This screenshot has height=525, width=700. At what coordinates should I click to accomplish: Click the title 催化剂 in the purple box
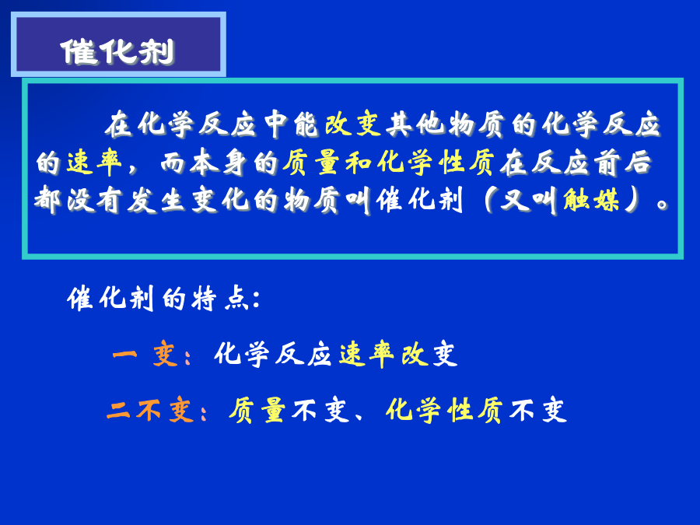(117, 52)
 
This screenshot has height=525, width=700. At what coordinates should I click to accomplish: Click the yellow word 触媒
(591, 200)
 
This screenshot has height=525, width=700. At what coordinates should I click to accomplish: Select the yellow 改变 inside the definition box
(352, 124)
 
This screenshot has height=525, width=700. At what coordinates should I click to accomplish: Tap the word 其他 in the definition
(415, 124)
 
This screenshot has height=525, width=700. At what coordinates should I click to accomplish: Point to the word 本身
(219, 162)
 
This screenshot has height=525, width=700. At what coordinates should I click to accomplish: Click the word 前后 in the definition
(623, 162)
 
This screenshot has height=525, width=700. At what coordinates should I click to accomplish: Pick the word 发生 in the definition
(156, 200)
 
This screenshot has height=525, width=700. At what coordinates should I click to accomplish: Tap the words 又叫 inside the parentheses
(529, 200)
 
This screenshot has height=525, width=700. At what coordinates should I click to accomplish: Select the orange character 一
(125, 355)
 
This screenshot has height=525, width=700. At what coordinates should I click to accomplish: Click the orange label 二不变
(150, 409)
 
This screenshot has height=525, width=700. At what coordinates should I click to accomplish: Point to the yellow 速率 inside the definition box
(95, 162)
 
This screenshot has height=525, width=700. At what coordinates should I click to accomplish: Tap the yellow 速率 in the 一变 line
(367, 355)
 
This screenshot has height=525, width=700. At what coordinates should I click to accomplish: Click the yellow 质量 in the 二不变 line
(257, 409)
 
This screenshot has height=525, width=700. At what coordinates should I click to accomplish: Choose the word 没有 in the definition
(94, 200)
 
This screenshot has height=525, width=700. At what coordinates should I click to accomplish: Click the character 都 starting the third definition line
(47, 200)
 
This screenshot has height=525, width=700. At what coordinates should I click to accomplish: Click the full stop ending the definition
(663, 205)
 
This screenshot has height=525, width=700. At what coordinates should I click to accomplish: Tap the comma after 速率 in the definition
(132, 168)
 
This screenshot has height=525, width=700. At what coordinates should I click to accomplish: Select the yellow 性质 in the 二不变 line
(476, 409)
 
